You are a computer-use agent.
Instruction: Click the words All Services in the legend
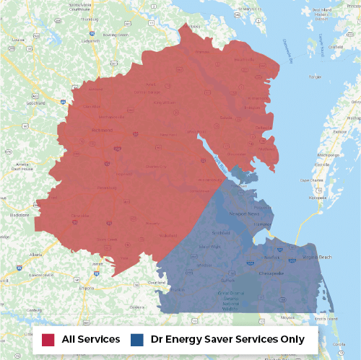[x=91, y=338]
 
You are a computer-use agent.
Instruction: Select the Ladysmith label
[x=90, y=40]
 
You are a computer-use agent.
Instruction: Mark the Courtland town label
[x=157, y=282]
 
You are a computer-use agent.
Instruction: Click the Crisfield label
[x=336, y=47]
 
